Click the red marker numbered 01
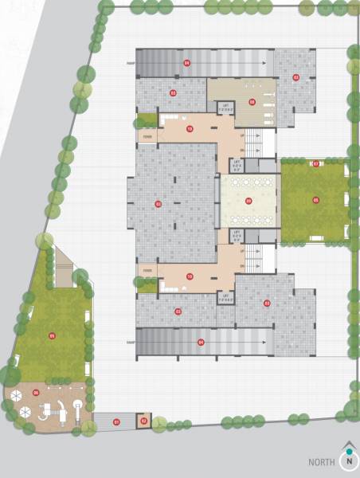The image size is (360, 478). coord(115,421)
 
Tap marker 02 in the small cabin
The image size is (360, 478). coord(144,420)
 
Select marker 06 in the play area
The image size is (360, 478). coord(36,393)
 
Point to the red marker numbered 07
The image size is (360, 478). coord(315,164)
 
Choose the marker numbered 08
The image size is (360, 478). coord(252,101)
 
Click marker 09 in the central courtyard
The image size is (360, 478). coord(248,201)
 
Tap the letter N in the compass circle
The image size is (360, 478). coord(348,461)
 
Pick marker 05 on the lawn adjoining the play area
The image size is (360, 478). coord(52,335)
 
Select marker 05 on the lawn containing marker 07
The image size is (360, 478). coord(315,200)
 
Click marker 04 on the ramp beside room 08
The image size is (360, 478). coord(186,61)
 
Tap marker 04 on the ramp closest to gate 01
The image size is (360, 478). coord(201,342)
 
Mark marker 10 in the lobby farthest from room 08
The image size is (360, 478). coord(190,276)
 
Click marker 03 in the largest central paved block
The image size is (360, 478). coord(158,205)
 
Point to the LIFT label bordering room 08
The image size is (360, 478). coord(225,106)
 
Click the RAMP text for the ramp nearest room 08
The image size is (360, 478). coord(131,61)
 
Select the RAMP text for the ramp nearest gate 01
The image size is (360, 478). coord(131,342)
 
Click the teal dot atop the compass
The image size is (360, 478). coord(348,451)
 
